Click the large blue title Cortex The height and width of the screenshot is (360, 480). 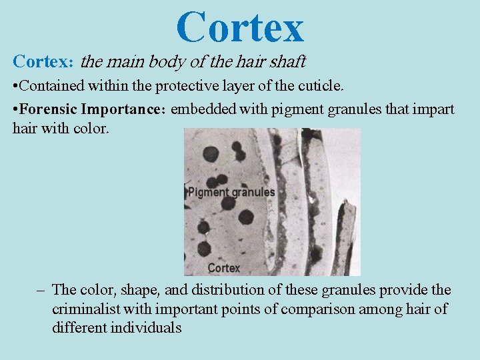(240, 27)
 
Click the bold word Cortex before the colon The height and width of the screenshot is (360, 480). (41, 62)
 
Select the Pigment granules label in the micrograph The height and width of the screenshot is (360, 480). (231, 192)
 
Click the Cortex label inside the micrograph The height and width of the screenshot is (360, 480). (223, 268)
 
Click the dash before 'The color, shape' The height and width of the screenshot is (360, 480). (41, 290)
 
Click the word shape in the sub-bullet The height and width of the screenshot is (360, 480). (140, 291)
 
